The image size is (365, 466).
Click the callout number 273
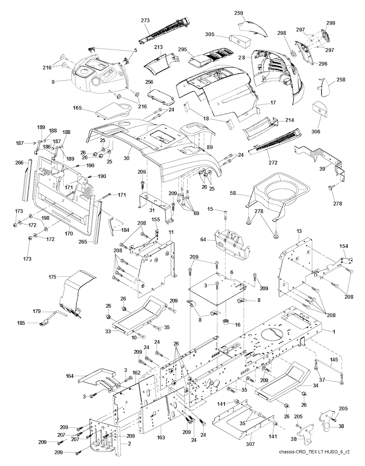click(145, 21)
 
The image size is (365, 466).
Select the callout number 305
click(210, 34)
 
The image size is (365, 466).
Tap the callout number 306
click(315, 132)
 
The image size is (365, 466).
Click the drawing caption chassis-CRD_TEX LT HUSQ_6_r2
click(314, 452)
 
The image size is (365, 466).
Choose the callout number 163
click(161, 438)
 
